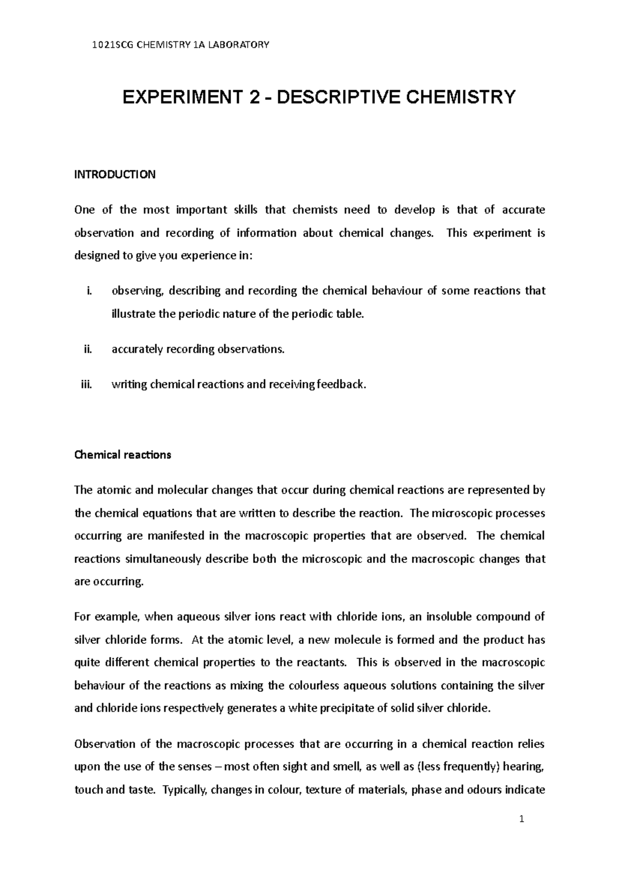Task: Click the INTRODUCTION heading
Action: tap(115, 174)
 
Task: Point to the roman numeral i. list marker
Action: tap(88, 291)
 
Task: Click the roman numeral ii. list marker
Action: tap(87, 349)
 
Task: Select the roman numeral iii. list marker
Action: tap(86, 384)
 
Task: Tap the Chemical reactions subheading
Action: tap(122, 455)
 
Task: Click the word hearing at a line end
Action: tap(526, 767)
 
